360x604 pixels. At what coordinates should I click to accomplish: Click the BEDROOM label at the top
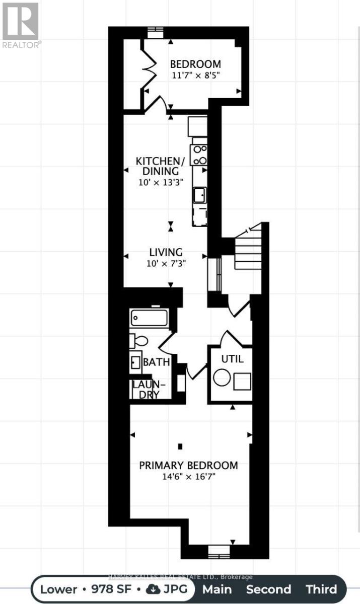pos(195,64)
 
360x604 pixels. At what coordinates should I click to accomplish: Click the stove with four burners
pos(199,155)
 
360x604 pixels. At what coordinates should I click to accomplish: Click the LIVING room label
pos(166,252)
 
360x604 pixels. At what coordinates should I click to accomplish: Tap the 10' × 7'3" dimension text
pos(166,263)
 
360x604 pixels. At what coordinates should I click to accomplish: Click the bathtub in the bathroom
pos(150,318)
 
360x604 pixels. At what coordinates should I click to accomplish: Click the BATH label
pos(156,362)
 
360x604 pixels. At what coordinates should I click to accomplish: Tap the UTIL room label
pos(233,359)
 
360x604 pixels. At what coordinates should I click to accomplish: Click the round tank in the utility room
pos(222,378)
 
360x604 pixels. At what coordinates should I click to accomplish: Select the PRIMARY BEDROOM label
pos(188,465)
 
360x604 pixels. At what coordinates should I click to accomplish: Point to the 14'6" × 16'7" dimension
pos(188,477)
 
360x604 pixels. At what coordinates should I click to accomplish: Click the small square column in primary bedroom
pos(180,446)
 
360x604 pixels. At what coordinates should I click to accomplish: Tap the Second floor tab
pos(268,589)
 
